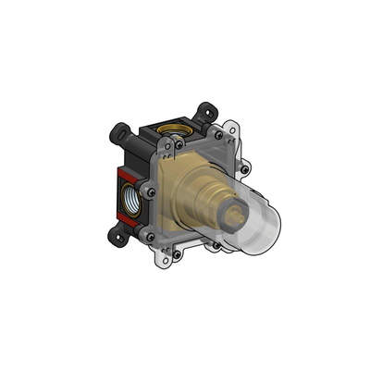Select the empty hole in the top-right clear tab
237,135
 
